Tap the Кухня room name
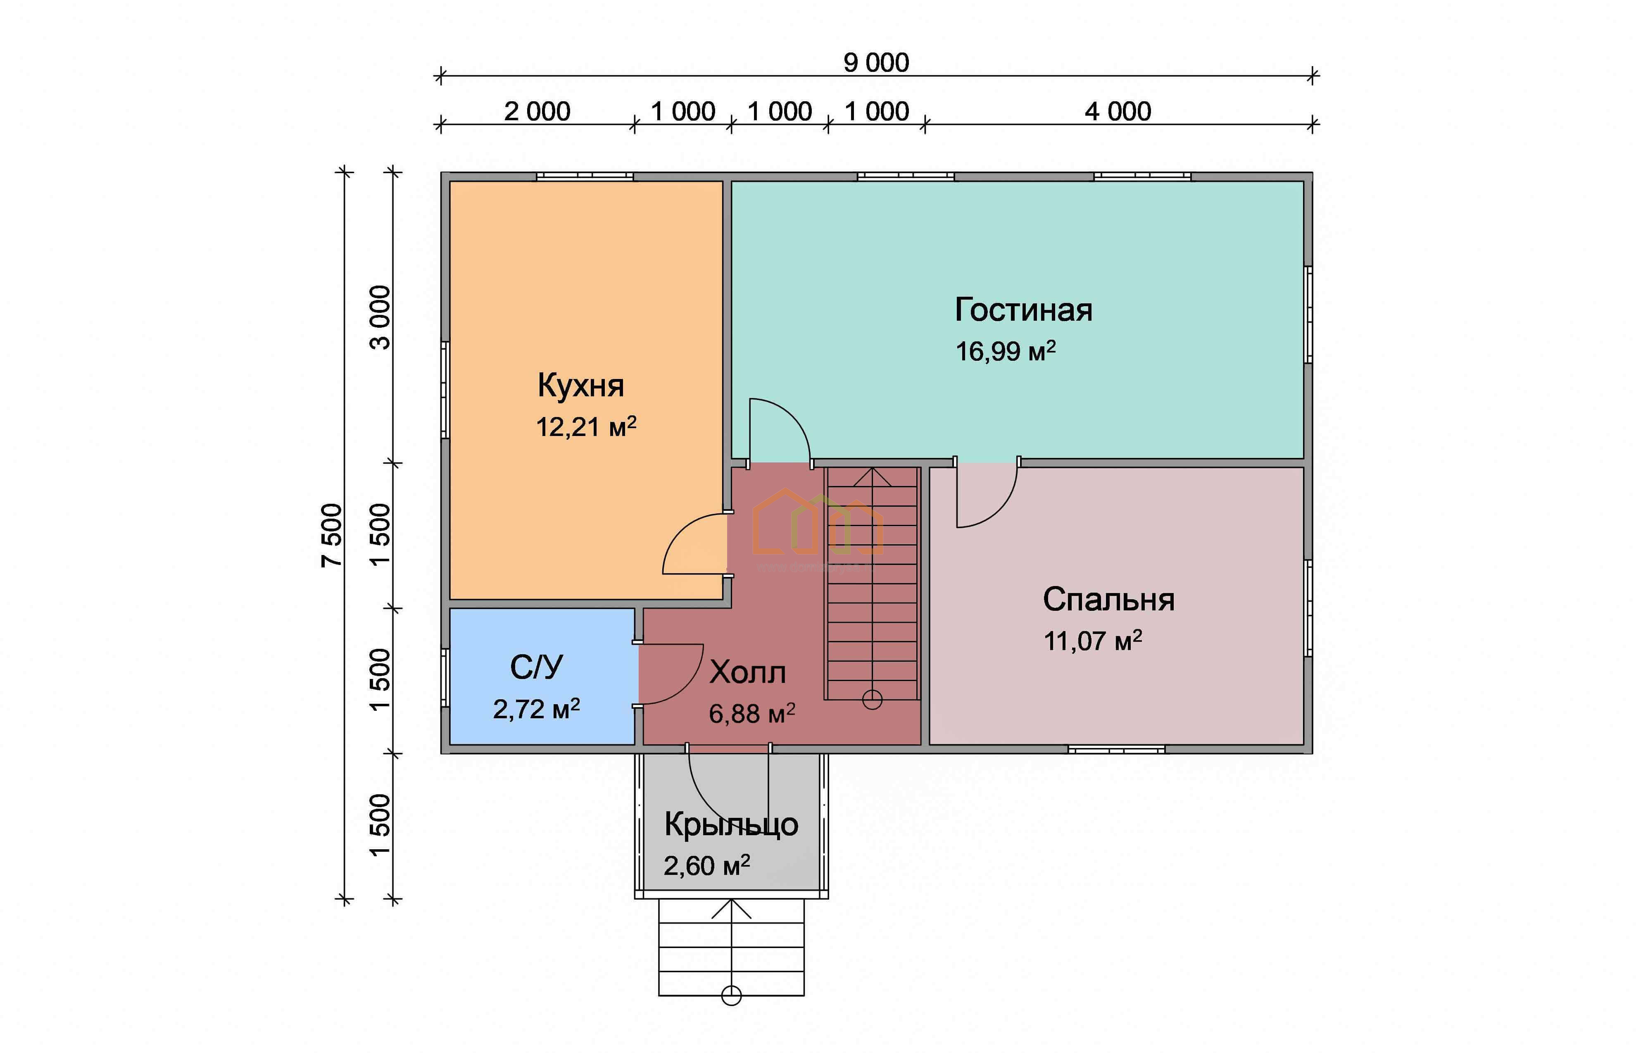(x=581, y=386)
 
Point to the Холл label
(x=748, y=673)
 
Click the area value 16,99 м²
(x=1005, y=351)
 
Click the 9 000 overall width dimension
(x=876, y=63)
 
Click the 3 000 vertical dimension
(x=380, y=317)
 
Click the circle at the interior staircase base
(x=872, y=700)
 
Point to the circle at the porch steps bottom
(x=731, y=996)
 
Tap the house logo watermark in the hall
(x=817, y=523)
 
